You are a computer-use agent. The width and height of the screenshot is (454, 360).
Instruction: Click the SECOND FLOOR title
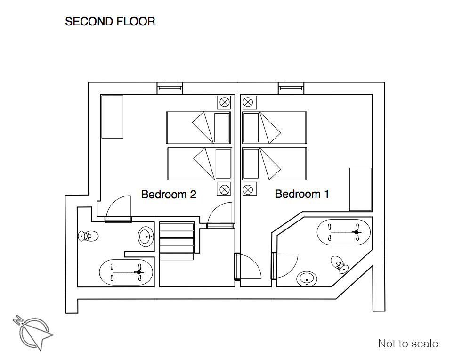point(110,22)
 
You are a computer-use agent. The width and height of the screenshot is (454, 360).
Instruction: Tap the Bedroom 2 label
point(169,194)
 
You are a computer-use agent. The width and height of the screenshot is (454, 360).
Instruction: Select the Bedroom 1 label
point(302,194)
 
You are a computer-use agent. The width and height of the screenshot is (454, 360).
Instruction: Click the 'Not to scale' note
point(408,344)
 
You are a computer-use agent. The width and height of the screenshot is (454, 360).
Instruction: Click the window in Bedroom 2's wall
point(170,88)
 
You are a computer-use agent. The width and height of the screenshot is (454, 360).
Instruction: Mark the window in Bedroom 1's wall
point(291,88)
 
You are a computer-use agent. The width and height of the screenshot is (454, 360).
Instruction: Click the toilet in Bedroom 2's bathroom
point(88,236)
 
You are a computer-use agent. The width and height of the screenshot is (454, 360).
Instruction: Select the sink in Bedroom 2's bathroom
point(146,237)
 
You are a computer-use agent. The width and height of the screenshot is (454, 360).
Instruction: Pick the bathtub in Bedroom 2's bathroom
point(126,272)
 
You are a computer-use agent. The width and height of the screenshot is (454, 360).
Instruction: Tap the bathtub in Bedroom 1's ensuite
point(344,232)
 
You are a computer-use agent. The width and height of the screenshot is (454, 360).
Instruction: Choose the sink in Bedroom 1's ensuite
point(307,279)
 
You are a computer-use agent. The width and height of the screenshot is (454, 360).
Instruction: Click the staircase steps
point(177,241)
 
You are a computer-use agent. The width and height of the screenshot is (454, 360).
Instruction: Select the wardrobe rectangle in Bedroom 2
point(113,117)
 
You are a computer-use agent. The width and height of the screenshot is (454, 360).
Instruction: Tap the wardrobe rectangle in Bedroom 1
point(360,189)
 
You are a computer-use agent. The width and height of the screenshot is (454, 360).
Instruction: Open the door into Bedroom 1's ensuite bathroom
point(284,266)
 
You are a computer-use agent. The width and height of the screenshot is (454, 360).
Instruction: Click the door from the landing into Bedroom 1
point(248,266)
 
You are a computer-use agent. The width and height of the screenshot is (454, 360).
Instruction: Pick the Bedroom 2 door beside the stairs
point(220,215)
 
